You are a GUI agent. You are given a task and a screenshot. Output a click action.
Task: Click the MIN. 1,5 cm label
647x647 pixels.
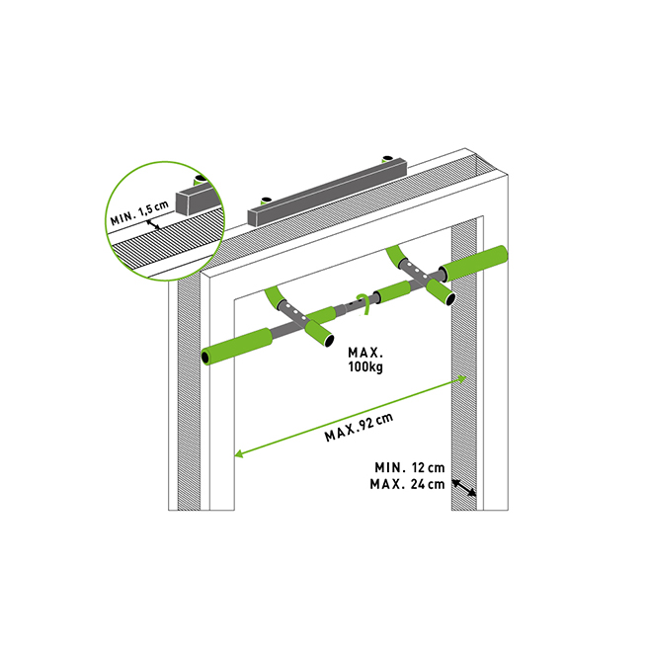[x=139, y=212]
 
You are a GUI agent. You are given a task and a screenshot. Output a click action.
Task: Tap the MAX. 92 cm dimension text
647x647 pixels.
[x=359, y=427]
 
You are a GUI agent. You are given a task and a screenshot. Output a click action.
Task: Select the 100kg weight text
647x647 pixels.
[x=365, y=366]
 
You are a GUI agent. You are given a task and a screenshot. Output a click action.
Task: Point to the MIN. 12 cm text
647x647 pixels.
[x=409, y=467]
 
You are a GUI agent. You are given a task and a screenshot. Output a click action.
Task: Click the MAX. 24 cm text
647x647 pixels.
[x=407, y=484]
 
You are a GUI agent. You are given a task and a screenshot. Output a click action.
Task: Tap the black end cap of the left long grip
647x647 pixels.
[x=205, y=357]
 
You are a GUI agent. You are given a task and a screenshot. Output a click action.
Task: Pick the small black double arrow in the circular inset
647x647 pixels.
[x=153, y=224]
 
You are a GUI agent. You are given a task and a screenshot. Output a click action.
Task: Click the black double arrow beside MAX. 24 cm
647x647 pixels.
[x=464, y=488]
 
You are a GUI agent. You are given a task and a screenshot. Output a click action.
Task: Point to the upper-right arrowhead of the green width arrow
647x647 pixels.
[x=463, y=378]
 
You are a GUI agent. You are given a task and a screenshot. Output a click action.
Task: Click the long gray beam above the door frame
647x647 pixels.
[x=327, y=193]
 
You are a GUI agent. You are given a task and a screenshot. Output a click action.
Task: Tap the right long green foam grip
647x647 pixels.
[x=473, y=264]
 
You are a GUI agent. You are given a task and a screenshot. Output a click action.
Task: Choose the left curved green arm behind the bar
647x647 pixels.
[x=274, y=298]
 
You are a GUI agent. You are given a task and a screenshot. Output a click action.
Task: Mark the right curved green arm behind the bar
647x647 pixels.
[x=395, y=256]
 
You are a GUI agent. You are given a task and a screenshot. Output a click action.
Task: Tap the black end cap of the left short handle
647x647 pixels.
[x=329, y=341]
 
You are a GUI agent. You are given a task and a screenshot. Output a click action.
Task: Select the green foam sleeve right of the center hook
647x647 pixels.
[x=394, y=291]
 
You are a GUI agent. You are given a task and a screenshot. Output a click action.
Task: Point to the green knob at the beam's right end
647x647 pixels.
[x=387, y=158]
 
